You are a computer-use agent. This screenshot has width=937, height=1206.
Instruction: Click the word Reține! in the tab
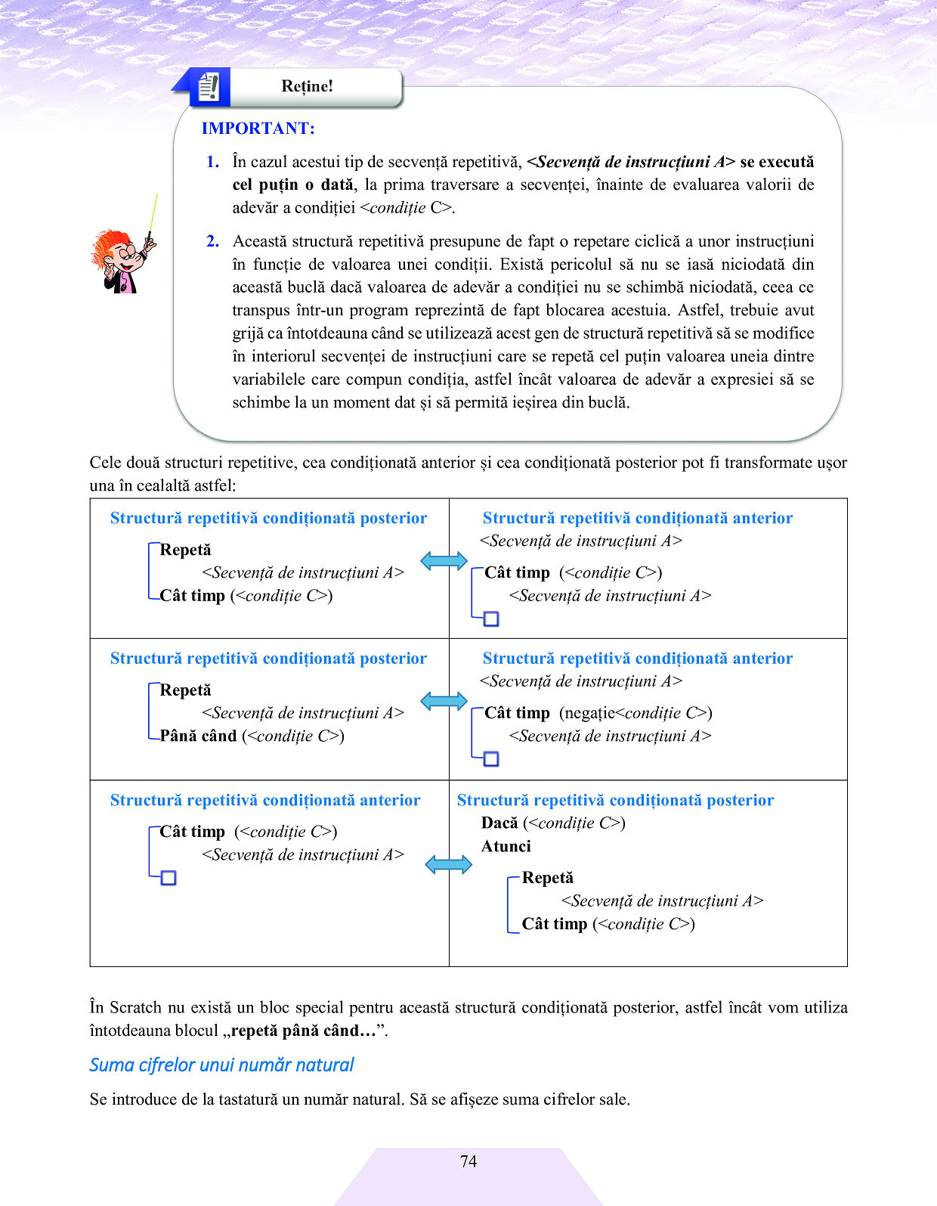tap(307, 86)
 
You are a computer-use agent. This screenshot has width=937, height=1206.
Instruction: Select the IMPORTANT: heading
tap(258, 129)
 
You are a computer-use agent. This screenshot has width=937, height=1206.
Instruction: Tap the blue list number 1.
tap(212, 162)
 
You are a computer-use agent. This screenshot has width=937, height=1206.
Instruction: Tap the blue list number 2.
tap(212, 241)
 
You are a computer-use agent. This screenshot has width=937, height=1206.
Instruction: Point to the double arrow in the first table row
tap(444, 561)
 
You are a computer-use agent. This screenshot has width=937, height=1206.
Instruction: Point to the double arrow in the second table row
tap(444, 701)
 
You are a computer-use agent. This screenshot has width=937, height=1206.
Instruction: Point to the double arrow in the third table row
tap(448, 864)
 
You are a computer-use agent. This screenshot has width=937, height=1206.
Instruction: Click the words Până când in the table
tap(198, 736)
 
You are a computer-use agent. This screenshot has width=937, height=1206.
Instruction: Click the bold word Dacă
tap(499, 823)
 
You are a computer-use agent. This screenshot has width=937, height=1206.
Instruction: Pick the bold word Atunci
tap(506, 846)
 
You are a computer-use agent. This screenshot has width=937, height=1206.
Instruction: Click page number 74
tap(468, 1161)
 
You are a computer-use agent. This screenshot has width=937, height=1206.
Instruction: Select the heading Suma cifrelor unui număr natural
tap(221, 1065)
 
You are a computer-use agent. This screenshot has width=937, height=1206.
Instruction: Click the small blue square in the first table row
tap(491, 619)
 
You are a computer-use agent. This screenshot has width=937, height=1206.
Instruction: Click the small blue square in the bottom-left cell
tap(169, 878)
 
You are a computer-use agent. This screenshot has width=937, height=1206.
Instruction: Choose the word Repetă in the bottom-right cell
tap(547, 878)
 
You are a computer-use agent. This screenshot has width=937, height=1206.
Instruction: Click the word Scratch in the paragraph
tap(136, 1007)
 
